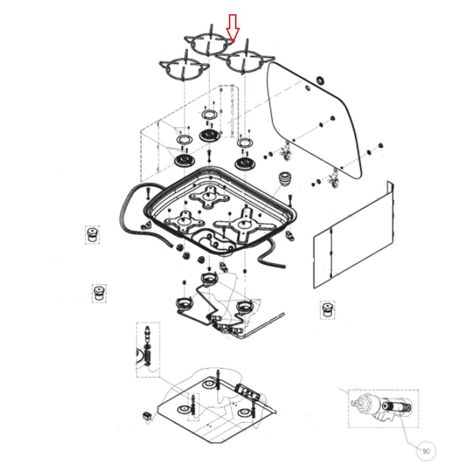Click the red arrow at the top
(x=233, y=27)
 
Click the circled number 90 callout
(x=426, y=451)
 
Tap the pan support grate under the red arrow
(x=209, y=42)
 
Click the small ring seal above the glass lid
(x=320, y=80)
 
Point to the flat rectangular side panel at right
(x=354, y=235)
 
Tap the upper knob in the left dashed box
(x=92, y=235)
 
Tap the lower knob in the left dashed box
(x=99, y=293)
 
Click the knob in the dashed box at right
(x=327, y=310)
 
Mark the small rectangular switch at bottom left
(x=147, y=416)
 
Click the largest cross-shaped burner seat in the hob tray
(x=244, y=224)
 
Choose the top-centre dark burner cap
(x=210, y=135)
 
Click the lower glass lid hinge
(x=334, y=178)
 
